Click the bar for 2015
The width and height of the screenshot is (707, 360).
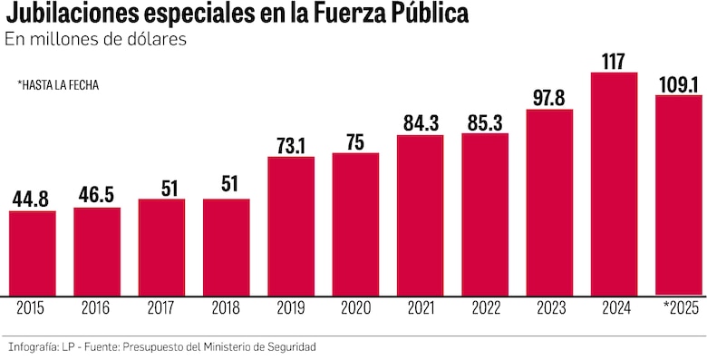[x=32, y=253]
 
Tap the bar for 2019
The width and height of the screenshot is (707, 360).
[x=291, y=226]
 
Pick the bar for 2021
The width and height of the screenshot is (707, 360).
[x=420, y=215]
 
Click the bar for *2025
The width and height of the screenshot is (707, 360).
[x=678, y=195]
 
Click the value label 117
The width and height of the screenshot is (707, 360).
[x=614, y=62]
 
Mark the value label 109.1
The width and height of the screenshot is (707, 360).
[x=678, y=83]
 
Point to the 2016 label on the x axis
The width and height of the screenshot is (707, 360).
[x=97, y=308]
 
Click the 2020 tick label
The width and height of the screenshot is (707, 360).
[x=355, y=308]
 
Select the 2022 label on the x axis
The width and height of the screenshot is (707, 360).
[x=485, y=308]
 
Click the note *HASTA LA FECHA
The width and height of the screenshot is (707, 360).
[x=58, y=84]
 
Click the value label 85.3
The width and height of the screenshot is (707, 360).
[x=485, y=122]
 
